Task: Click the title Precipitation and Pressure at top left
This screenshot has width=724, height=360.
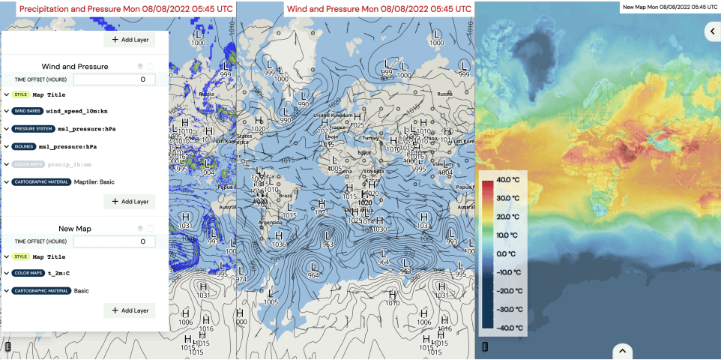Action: click(x=125, y=8)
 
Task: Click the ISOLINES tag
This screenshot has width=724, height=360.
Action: click(x=23, y=146)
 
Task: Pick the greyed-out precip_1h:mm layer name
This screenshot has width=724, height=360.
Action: click(x=75, y=163)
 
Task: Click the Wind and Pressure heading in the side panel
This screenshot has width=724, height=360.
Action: click(x=75, y=66)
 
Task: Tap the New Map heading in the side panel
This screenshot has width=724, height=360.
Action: click(x=75, y=228)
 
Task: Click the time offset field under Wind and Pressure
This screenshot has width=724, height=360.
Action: click(x=115, y=79)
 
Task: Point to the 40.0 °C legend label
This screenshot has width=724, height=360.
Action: click(x=513, y=180)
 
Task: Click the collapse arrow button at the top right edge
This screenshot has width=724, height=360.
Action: click(x=714, y=31)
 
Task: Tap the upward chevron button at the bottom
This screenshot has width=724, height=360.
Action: click(x=623, y=350)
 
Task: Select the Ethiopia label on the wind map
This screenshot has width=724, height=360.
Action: click(x=372, y=170)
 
